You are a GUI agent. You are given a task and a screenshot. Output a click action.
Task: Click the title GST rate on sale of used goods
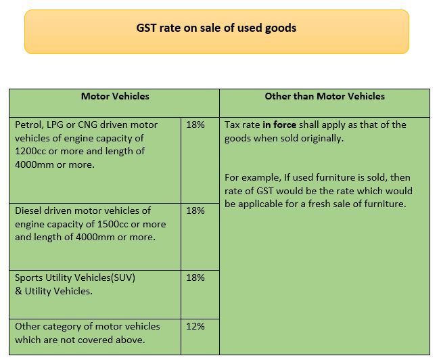tap(216, 28)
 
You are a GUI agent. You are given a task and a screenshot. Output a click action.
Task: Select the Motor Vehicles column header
tap(115, 96)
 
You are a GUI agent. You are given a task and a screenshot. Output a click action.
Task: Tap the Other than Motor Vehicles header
tap(325, 96)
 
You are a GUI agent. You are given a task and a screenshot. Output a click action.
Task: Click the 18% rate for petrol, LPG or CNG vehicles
tap(195, 125)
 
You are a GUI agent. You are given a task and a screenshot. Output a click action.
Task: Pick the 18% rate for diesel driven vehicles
tap(195, 210)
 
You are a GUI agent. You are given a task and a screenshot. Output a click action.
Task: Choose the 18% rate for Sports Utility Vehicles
tap(195, 277)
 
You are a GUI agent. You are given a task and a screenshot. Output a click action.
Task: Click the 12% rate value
tap(195, 326)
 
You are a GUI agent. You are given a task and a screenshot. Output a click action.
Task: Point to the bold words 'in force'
tap(279, 125)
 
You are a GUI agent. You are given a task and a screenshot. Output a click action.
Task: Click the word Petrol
tap(28, 125)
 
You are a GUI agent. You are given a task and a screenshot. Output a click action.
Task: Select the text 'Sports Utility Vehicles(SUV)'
tap(75, 277)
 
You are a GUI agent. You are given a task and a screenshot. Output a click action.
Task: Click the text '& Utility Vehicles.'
tap(53, 291)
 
